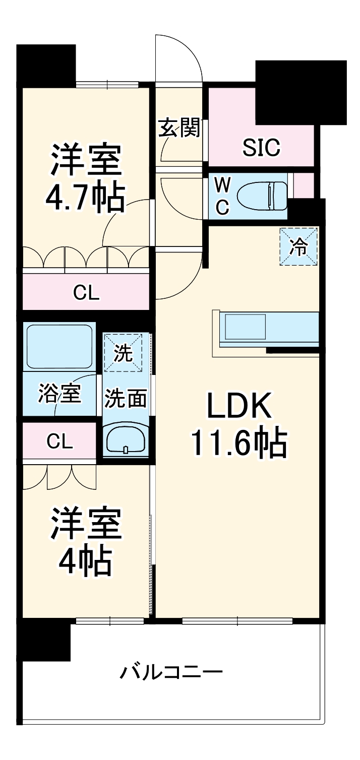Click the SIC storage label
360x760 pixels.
coord(261,147)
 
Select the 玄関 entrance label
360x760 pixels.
coord(179,129)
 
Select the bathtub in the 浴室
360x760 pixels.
coord(59,347)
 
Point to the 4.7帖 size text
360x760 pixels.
coord(85,200)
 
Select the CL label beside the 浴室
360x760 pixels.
coord(59,441)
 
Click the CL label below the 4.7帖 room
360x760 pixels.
coord(86,292)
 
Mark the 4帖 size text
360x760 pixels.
coord(85,562)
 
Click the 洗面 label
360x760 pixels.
coord(126,399)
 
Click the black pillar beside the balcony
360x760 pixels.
coord(44,640)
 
